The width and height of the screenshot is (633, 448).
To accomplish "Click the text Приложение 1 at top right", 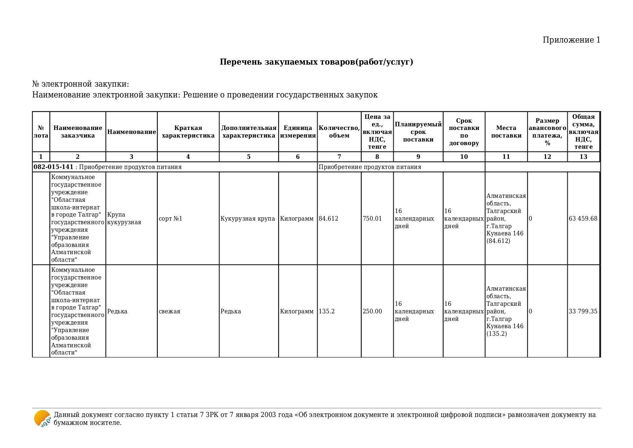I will (x=571, y=40).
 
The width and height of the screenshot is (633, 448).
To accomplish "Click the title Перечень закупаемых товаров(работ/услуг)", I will (x=316, y=62).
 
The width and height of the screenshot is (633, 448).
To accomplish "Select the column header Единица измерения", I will (x=298, y=132).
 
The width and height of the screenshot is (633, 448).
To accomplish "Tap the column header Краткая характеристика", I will (x=188, y=132).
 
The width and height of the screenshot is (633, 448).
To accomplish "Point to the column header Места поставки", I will (x=506, y=132).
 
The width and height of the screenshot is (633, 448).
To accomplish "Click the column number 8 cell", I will (x=377, y=157).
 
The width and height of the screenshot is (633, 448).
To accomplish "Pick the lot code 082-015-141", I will (x=53, y=167).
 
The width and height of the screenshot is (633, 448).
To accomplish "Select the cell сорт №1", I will (x=170, y=218).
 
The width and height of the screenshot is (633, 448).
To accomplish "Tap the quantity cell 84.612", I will (x=328, y=218).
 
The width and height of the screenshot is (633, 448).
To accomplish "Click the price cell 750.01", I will (x=372, y=218).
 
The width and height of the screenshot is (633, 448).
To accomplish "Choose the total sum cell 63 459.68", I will (x=583, y=218).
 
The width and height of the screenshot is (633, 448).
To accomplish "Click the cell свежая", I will (x=169, y=311).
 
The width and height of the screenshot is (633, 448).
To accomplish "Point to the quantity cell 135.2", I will (x=327, y=311).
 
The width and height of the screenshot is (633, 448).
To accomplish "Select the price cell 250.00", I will (x=372, y=311).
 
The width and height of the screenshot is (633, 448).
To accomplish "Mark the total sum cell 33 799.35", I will (x=583, y=311).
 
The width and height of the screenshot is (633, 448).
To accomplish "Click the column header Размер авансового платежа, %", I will (x=547, y=132).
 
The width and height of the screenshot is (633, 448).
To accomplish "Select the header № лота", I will (x=41, y=132).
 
